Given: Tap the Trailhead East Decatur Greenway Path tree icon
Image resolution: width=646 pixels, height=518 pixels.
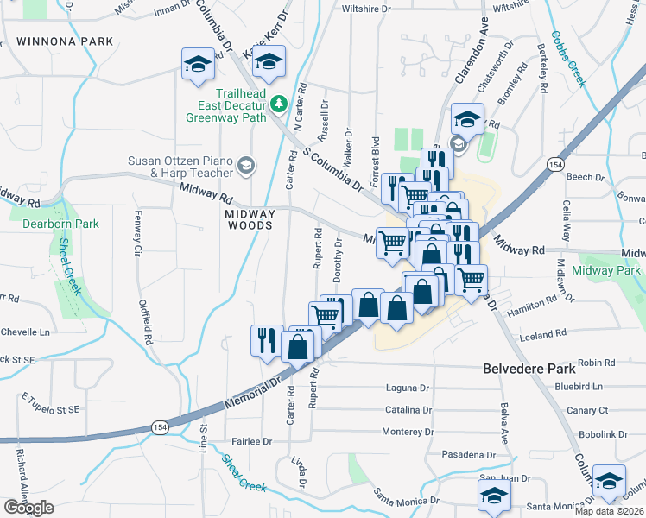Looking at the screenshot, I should pyautogui.click(x=278, y=104).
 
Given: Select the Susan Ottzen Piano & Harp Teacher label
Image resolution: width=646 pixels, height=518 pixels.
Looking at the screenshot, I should pyautogui.click(x=180, y=166).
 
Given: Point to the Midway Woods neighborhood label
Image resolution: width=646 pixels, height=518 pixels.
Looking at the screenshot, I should pyautogui.click(x=249, y=219).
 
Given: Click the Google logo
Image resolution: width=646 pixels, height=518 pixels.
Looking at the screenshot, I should pyautogui.click(x=28, y=508).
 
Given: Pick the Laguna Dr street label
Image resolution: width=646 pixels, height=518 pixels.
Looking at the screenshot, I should pyautogui.click(x=408, y=388).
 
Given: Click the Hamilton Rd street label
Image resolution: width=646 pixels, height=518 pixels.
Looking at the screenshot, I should pyautogui.click(x=534, y=304).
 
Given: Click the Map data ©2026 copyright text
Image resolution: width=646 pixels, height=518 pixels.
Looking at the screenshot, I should pyautogui.click(x=609, y=511).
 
